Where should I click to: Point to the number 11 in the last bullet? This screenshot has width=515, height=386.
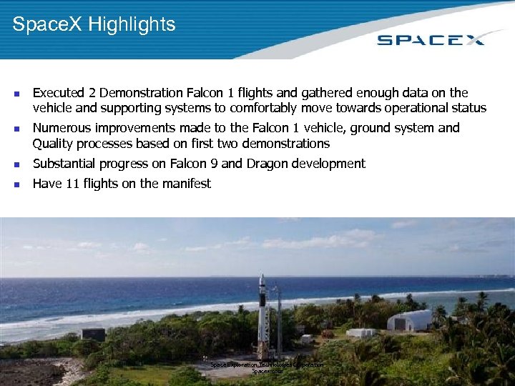(72, 184)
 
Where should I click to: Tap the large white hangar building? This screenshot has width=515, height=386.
(410, 320)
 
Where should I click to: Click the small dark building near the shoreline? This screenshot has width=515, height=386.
(93, 334)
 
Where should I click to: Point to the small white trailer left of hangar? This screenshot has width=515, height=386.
(361, 332)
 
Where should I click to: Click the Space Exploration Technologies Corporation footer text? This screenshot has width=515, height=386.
(266, 365)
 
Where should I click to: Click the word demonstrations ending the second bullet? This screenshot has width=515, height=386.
(284, 144)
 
